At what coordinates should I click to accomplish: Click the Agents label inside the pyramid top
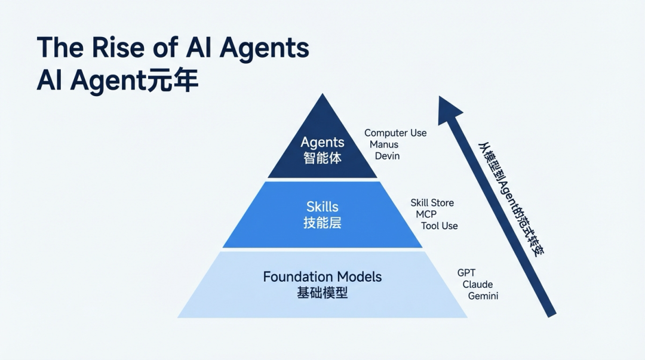pyautogui.click(x=322, y=142)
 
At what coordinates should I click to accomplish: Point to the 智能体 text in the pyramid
pyautogui.click(x=322, y=158)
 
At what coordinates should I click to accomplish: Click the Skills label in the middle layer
pyautogui.click(x=322, y=207)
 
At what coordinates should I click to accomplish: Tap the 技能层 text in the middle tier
pyautogui.click(x=322, y=223)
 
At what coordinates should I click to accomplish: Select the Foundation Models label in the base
pyautogui.click(x=322, y=276)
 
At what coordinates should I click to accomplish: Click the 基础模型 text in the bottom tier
pyautogui.click(x=322, y=293)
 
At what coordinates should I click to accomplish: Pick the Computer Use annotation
pyautogui.click(x=395, y=133)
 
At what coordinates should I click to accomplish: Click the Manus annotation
pyautogui.click(x=384, y=144)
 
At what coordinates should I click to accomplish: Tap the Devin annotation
pyautogui.click(x=387, y=156)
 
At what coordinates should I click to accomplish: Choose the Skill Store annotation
pyautogui.click(x=432, y=203)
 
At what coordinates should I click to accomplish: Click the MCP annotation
pyautogui.click(x=426, y=214)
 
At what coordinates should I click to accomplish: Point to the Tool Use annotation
pyautogui.click(x=439, y=226)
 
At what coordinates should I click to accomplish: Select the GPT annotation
pyautogui.click(x=466, y=273)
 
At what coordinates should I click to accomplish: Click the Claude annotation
pyautogui.click(x=477, y=284)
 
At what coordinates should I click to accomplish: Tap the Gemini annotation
pyautogui.click(x=483, y=296)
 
